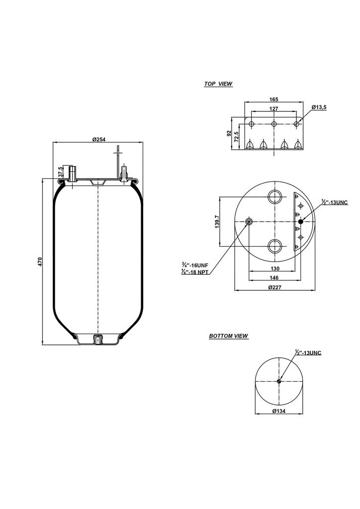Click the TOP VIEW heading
coord(218,84)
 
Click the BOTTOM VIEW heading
coord(228,337)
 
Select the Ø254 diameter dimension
coord(99,139)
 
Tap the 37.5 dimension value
coord(61,172)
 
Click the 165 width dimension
coord(273,99)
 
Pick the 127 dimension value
coord(273,108)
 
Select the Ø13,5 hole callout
coord(319,107)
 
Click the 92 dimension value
coord(229,134)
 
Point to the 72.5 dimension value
coord(238,137)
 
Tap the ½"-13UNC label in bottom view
coord(308,353)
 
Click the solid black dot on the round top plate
coord(300,221)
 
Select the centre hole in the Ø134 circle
coord(279,381)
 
